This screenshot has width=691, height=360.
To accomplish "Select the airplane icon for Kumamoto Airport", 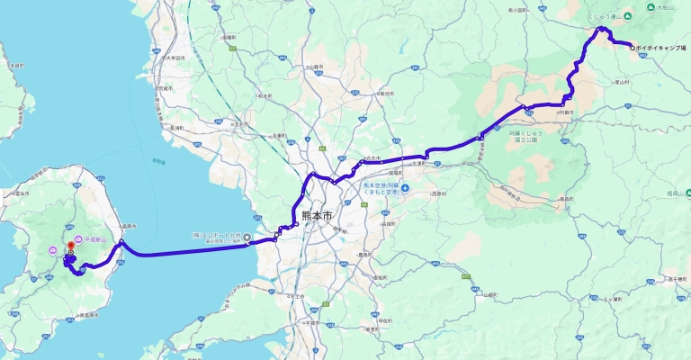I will click(x=404, y=188).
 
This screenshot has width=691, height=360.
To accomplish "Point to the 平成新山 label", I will click(x=94, y=239).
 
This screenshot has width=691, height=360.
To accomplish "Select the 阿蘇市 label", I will click(x=567, y=113).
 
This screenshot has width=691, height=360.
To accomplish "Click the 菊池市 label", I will click(x=386, y=93).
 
